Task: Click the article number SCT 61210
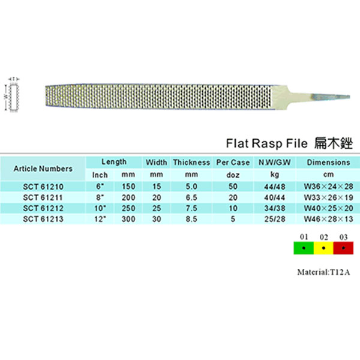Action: [43, 187]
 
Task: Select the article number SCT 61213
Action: [43, 219]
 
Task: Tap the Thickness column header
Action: [191, 163]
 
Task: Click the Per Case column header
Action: [233, 163]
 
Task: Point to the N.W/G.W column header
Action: [275, 163]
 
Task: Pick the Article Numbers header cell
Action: [43, 169]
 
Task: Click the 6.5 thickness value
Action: [191, 197]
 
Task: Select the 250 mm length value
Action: [128, 208]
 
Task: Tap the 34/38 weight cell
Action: [275, 208]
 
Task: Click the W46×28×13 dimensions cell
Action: [329, 219]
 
